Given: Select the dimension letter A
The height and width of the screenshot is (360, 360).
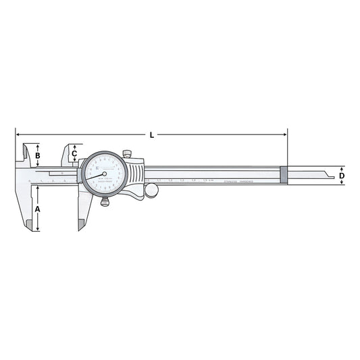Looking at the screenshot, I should point(38,209).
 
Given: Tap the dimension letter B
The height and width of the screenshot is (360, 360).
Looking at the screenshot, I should point(38,156).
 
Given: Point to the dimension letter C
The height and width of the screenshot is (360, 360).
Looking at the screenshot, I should point(74,153).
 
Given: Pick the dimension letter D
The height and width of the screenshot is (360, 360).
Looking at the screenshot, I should point(342,176).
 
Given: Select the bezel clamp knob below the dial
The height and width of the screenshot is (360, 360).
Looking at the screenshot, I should point(105,202).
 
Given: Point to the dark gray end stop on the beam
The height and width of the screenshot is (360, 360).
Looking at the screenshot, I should point(284,175).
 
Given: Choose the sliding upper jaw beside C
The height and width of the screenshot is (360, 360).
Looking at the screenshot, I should point(68,154).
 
